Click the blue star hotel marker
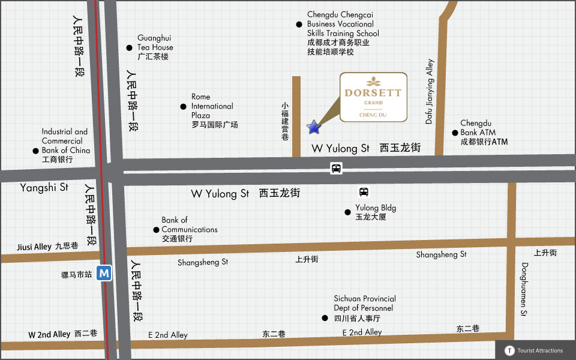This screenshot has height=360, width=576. tap(313, 127)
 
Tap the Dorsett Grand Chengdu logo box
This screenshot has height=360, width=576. tap(373, 97)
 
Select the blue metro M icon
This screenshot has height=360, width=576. tap(105, 273)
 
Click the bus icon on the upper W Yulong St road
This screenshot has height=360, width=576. tap(337, 169)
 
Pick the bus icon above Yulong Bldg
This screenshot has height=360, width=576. tap(364, 192)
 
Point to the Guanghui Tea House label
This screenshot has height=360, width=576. tap(155, 47)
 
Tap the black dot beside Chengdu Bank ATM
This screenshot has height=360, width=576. tap(454, 133)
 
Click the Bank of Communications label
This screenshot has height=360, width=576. tap(189, 229)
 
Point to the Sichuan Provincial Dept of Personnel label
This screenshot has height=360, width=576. tap(364, 308)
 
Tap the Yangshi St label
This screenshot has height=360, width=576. tap(44, 188)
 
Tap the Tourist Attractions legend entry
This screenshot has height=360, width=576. tap(535, 350)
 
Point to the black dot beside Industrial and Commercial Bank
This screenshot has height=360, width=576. tap(35, 151)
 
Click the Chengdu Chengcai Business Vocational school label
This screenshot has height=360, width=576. tap(343, 33)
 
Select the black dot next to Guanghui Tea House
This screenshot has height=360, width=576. tap(129, 48)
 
